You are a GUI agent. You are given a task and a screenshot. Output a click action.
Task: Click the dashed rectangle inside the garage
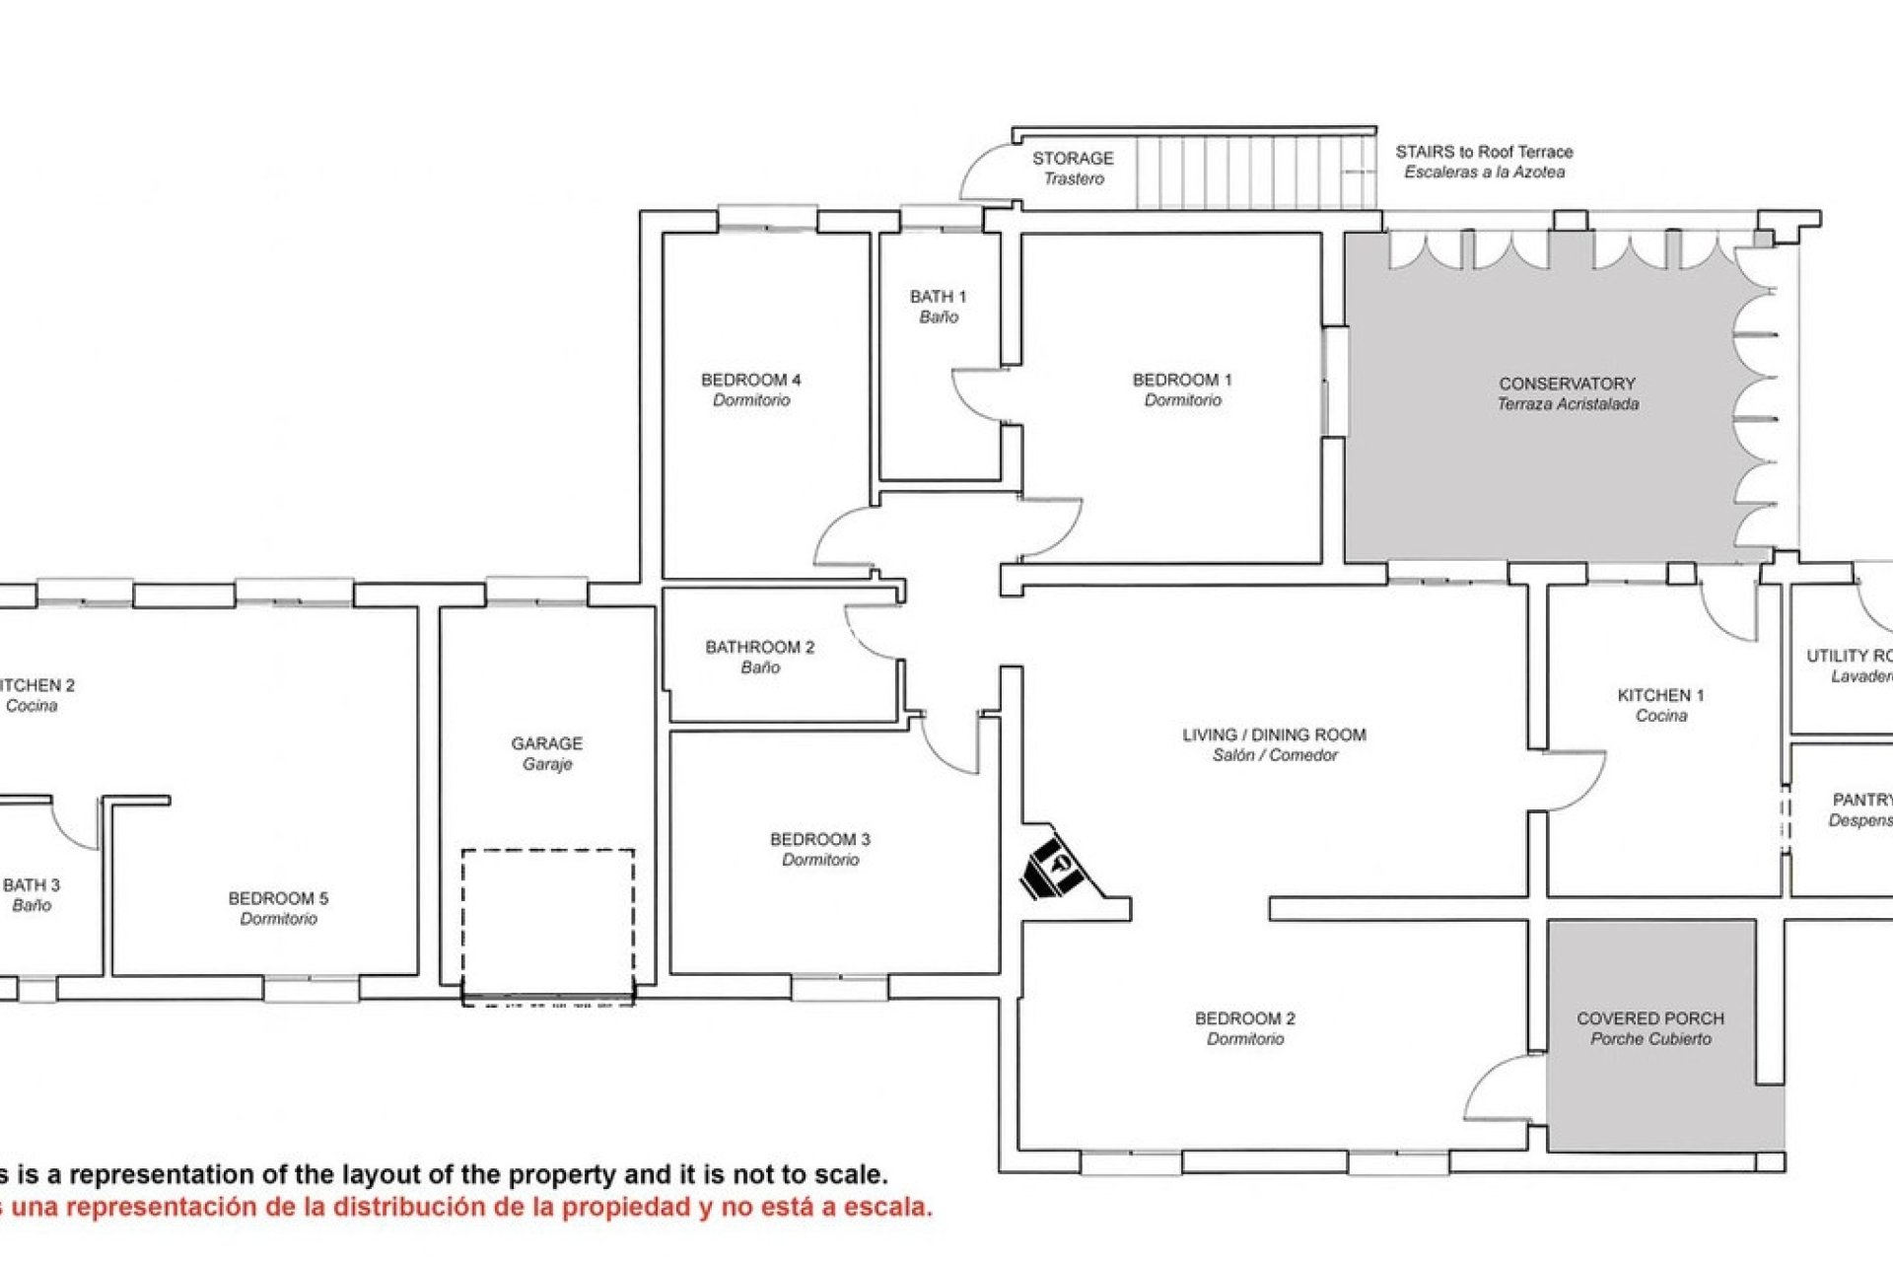coord(548,923)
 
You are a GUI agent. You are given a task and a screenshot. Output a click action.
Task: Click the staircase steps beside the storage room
coord(1252,173)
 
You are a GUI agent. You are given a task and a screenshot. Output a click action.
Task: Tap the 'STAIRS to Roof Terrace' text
coord(1484,152)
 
